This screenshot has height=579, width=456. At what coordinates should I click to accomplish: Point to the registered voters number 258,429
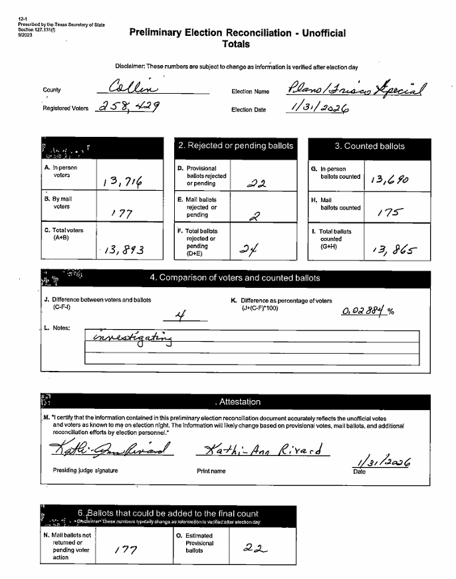click(x=132, y=106)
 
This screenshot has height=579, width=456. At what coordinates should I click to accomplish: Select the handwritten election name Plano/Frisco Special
click(x=358, y=88)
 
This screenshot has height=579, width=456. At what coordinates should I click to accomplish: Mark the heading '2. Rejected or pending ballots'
click(x=235, y=146)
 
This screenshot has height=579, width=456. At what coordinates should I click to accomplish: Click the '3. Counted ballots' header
click(x=370, y=146)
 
